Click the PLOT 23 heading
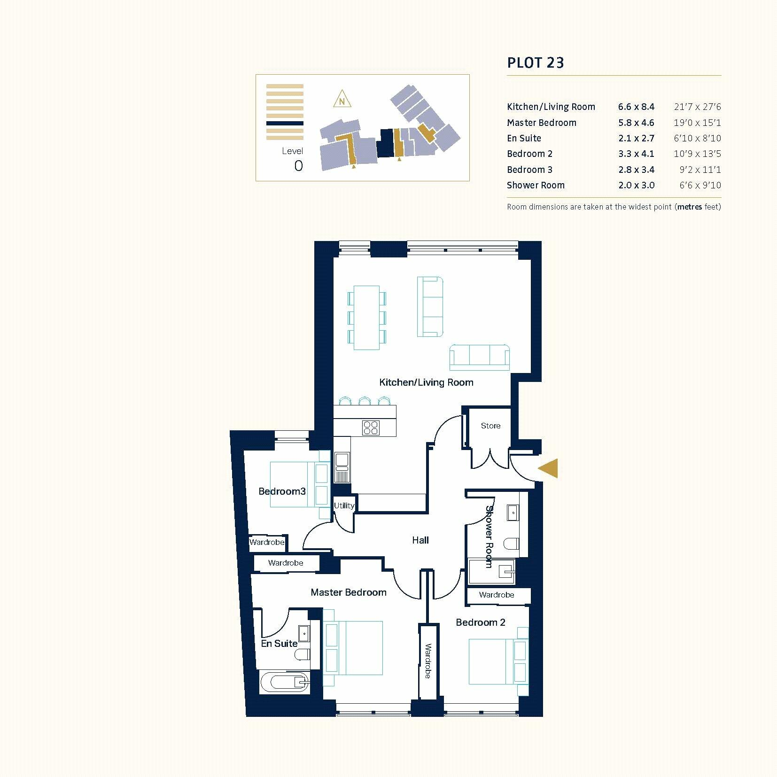point(535,62)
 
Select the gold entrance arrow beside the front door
point(548,468)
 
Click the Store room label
point(490,426)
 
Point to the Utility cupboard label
point(344,505)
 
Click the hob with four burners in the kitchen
point(371,427)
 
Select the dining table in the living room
point(366,318)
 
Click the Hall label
point(420,540)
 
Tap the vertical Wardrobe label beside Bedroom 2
point(428,661)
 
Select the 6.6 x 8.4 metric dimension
point(636,107)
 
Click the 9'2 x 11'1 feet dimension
point(699,170)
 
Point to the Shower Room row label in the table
point(536,185)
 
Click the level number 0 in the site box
point(298,166)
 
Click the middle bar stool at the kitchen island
point(365,401)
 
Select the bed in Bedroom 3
point(294,484)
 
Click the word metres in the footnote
point(689,207)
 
